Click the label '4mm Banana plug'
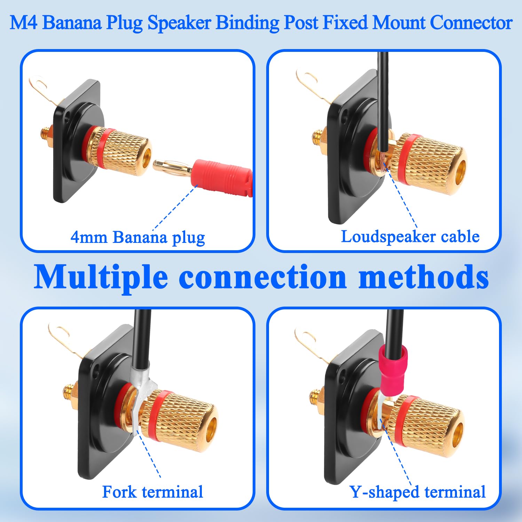coord(138,238)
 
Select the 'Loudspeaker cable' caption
coord(410,237)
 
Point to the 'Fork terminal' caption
coord(152,492)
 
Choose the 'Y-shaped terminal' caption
coord(418,492)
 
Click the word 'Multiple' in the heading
coord(101,278)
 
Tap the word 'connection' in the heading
coord(262,277)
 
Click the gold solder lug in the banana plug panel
coord(45,89)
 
